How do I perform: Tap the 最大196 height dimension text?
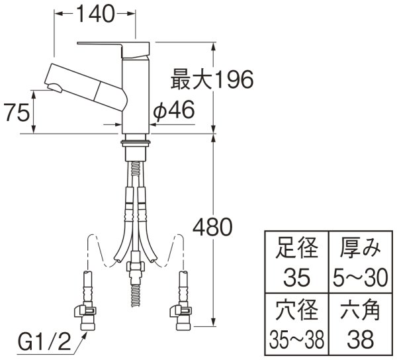tap(212, 81)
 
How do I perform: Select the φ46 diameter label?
tap(173, 112)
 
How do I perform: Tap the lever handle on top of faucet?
tap(112, 45)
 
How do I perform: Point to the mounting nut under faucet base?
tap(137, 142)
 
